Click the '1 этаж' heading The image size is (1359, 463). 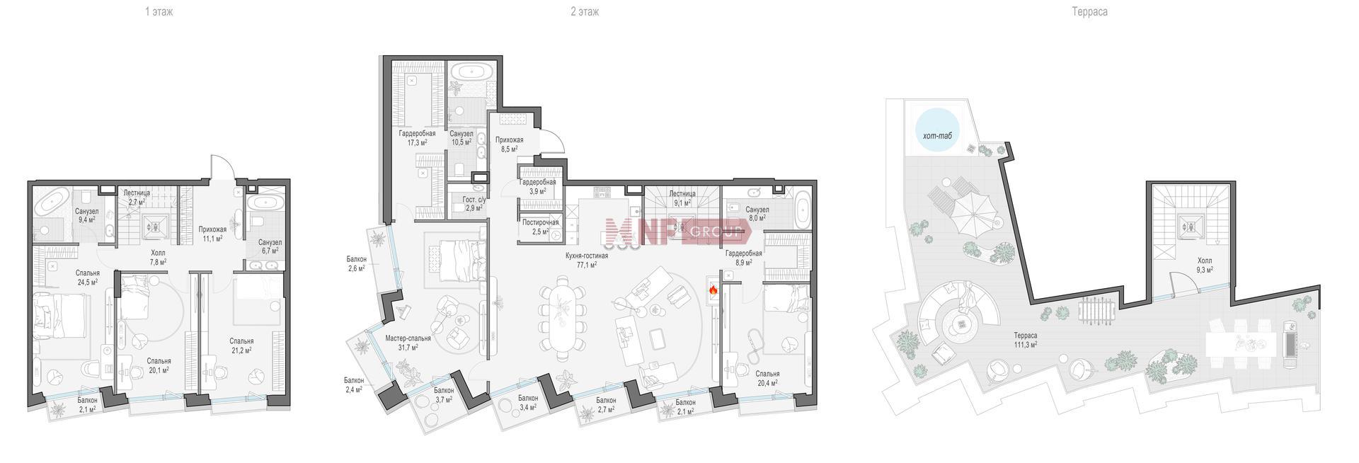coord(159,12)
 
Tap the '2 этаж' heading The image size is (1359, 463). coord(584,12)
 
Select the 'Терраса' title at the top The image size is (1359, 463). coord(1089,12)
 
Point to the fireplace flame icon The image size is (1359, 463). coord(713,290)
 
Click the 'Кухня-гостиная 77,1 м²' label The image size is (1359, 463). coord(587,260)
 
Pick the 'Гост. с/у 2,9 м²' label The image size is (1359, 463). coord(474,204)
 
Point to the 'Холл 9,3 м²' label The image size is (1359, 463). coord(1204,265)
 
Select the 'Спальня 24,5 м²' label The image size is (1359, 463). coord(88,277)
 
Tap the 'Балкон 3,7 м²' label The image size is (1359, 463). coord(444,395)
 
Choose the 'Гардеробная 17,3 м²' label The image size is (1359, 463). coord(416,137)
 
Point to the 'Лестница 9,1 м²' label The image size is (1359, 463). coord(682,198)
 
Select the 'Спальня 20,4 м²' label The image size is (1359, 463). coord(767,378)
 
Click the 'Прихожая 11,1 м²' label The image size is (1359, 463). coord(212,234)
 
